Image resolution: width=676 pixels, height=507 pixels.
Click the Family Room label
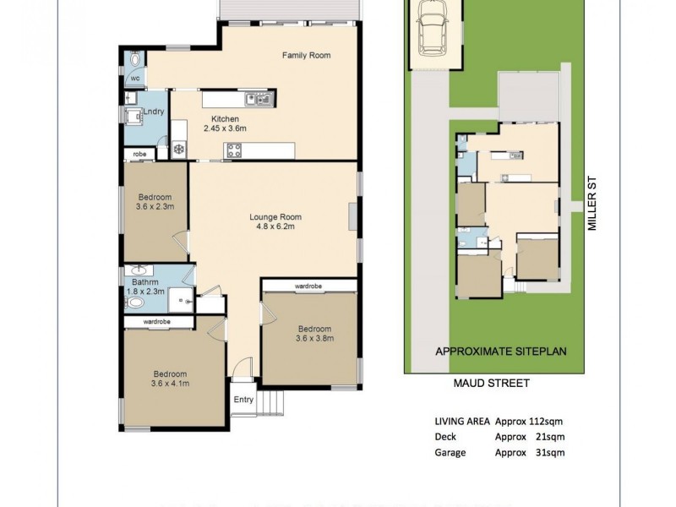305,56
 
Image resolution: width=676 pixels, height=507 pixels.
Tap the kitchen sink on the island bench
263,100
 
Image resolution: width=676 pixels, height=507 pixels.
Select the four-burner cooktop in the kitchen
234,152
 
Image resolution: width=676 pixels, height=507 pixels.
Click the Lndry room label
153,112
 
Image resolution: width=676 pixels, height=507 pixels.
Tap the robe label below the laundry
139,155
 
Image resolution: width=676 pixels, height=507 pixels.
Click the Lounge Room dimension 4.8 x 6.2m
275,228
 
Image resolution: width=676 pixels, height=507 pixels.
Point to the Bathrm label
141,282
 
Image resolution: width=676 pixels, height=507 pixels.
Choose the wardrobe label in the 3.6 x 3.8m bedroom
309,286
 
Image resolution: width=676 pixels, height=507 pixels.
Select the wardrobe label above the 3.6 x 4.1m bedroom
158,322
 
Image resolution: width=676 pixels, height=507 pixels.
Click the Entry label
243,400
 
